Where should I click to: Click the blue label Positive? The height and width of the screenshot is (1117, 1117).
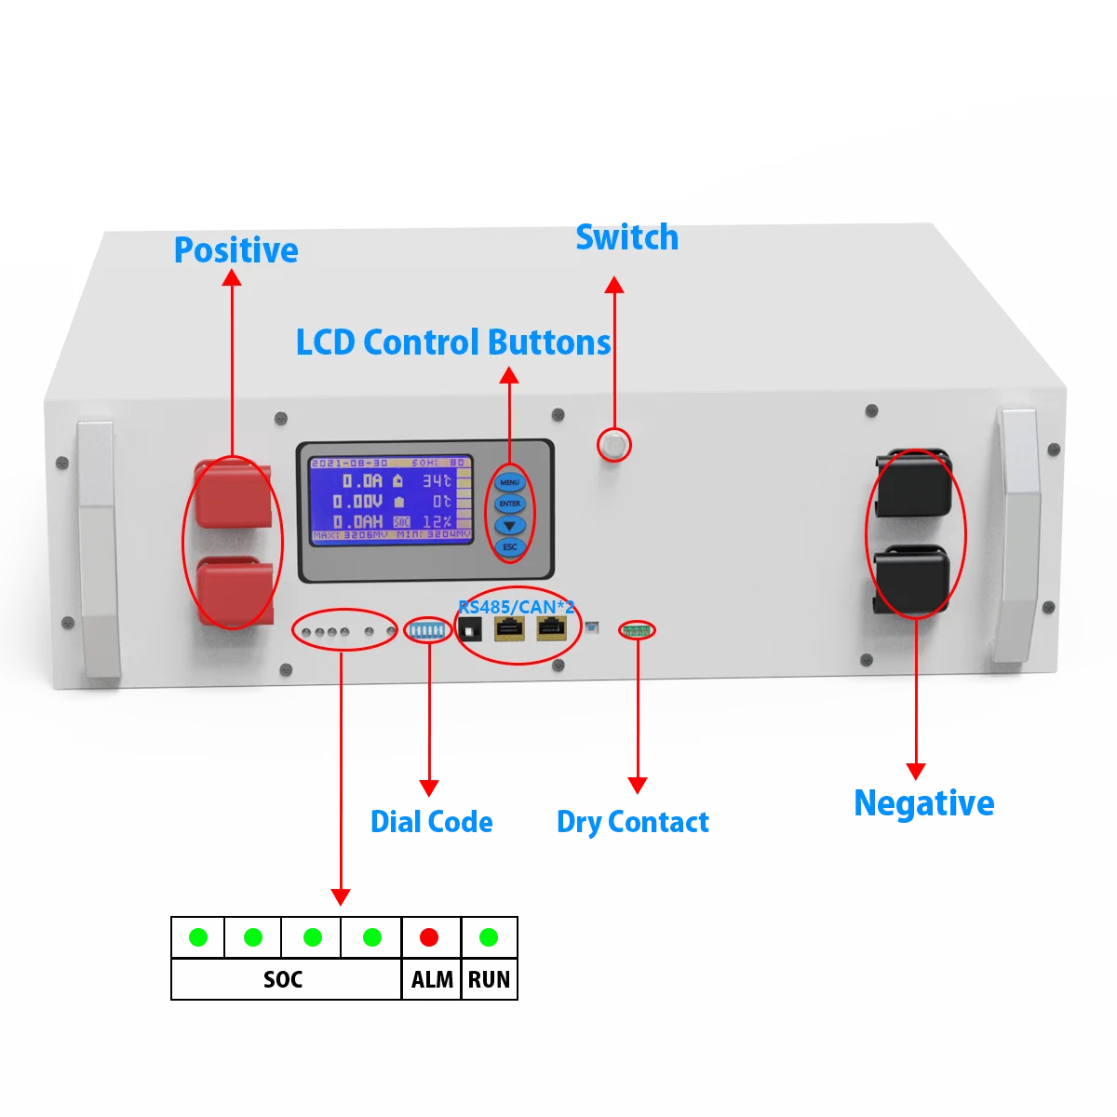236,250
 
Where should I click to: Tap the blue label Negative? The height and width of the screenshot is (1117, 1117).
923,803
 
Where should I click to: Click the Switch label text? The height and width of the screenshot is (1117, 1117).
626,237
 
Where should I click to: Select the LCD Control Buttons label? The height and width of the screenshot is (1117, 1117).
453,343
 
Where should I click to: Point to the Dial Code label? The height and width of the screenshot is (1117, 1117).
431,822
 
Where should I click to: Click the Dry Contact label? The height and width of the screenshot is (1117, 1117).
632,823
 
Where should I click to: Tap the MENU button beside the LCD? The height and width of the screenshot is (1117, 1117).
509,482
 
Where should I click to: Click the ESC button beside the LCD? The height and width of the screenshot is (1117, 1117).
510,547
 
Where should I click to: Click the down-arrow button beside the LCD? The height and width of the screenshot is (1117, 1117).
509,526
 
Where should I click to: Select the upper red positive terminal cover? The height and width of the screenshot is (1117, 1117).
233,494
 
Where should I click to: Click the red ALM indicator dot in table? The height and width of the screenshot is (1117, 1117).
429,937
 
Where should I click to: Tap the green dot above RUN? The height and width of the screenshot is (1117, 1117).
488,937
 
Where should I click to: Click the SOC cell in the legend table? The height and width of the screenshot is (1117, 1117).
283,979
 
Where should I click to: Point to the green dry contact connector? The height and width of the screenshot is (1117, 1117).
638,631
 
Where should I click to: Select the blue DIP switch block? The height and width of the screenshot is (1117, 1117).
428,630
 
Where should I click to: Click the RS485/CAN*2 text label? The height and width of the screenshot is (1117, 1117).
517,607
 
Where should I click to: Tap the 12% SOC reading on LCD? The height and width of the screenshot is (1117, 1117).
437,522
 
